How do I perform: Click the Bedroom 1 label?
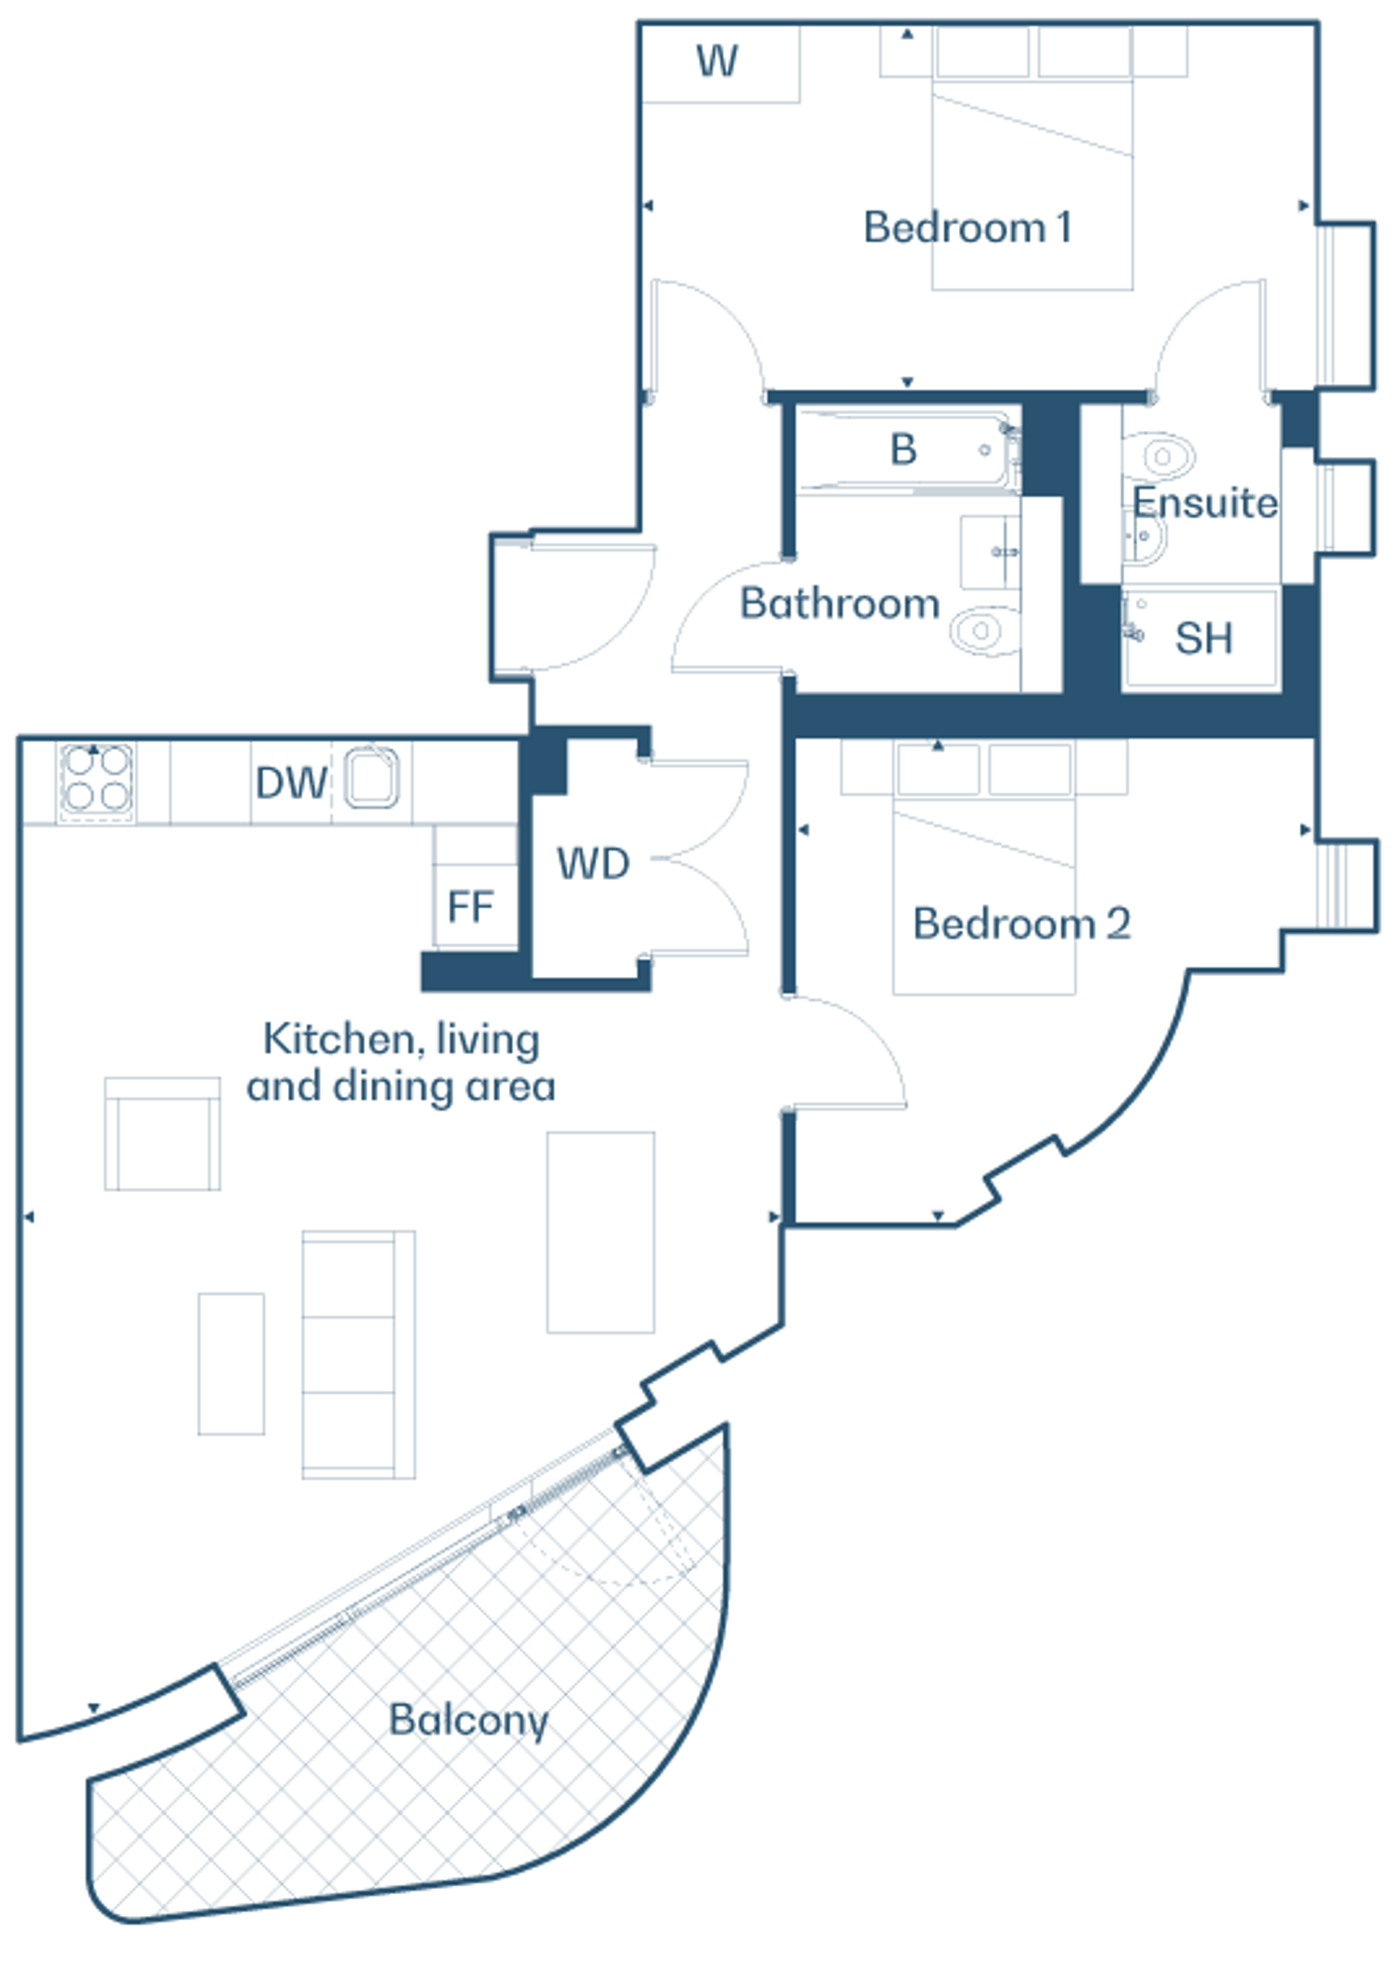(x=967, y=228)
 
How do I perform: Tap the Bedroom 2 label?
(x=1022, y=924)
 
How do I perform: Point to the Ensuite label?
(x=1206, y=503)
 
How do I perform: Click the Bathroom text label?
(x=840, y=604)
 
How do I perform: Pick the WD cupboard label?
(x=593, y=864)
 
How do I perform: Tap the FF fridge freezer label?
(x=470, y=906)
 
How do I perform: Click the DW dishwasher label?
(x=292, y=783)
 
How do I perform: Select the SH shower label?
(x=1203, y=639)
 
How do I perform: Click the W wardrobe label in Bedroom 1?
(x=717, y=61)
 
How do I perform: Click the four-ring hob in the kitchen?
(x=96, y=779)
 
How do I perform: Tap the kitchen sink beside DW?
(x=372, y=778)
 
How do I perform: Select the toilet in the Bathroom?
(x=985, y=630)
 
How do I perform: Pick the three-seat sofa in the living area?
(x=358, y=1354)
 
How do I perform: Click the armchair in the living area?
(x=162, y=1133)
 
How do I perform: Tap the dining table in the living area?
(x=601, y=1232)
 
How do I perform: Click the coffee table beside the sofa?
(x=231, y=1364)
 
